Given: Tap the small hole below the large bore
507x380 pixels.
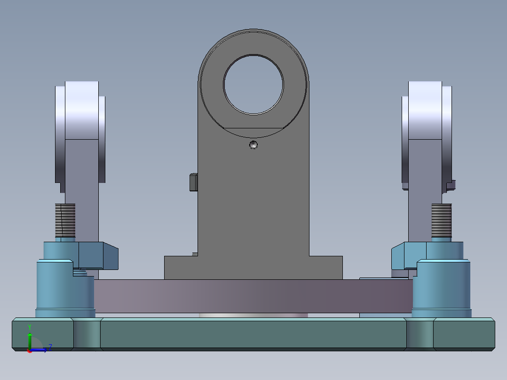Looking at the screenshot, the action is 253,144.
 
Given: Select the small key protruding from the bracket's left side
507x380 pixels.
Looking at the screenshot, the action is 193,182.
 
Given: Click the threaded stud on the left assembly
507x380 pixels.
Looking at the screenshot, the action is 65,221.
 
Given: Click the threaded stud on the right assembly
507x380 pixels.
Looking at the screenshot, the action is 441,221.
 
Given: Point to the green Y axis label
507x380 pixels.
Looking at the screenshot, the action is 30,327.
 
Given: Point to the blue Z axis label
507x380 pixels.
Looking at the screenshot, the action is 50,347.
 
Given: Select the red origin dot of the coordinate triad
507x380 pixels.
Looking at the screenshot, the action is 30,350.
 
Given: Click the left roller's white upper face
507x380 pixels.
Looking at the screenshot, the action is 82,110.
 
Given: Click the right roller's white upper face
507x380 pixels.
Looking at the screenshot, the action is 425,110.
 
